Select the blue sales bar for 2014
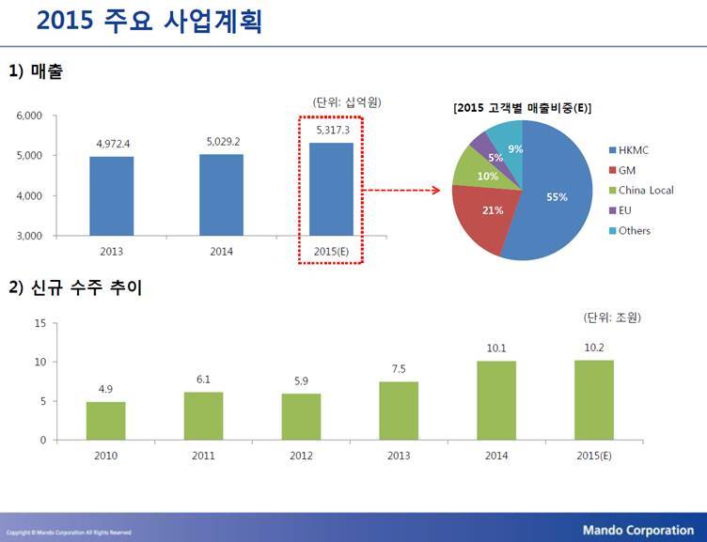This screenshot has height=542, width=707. click(222, 194)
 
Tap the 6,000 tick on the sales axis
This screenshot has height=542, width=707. click(31, 116)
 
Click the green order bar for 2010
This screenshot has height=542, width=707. click(105, 421)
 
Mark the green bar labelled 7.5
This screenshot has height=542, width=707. click(399, 410)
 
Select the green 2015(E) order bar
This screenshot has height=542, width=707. click(594, 400)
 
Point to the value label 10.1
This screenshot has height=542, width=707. click(496, 348)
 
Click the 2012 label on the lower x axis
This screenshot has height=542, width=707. click(301, 456)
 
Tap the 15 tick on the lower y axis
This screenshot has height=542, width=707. click(39, 323)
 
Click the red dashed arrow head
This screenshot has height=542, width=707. click(436, 191)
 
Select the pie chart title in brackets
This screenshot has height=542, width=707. click(521, 108)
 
